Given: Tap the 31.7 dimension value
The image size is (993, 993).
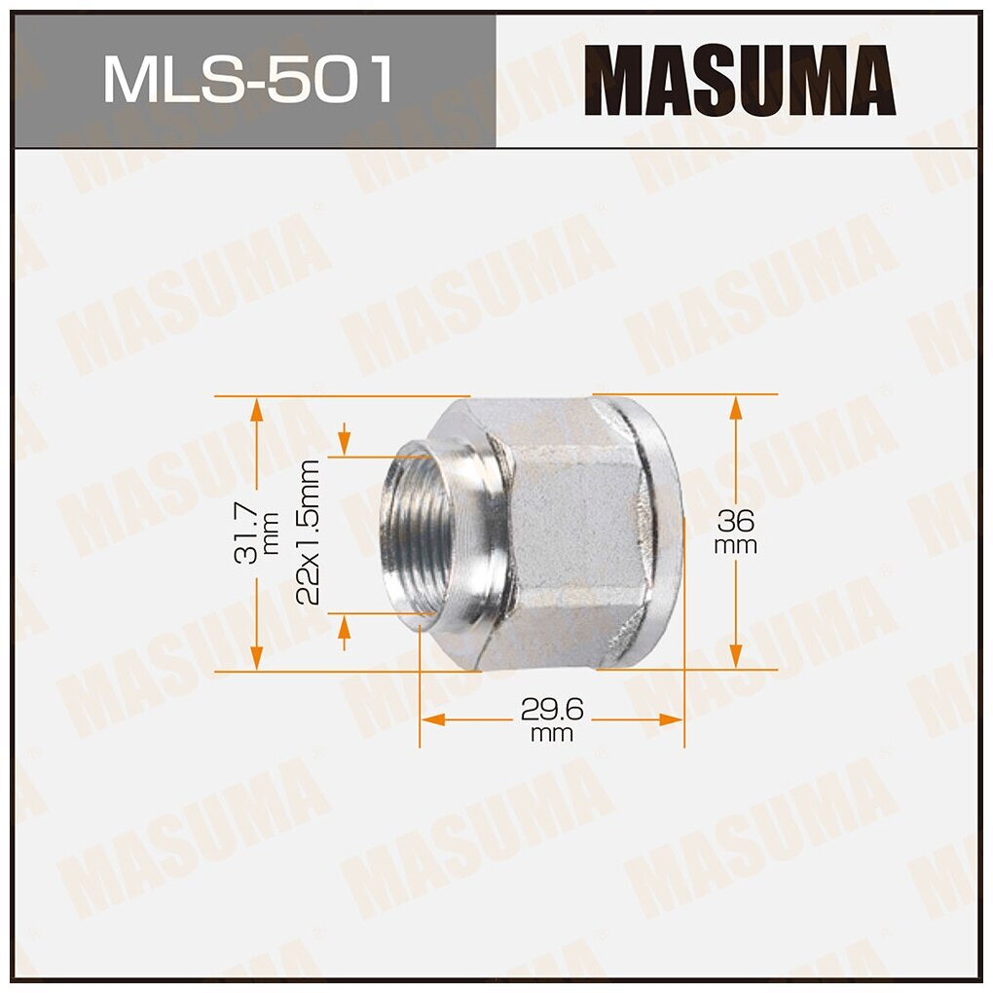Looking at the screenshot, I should [244, 533].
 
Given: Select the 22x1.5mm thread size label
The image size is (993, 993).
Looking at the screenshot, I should [309, 533].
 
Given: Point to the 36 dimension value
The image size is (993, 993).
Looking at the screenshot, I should [736, 518].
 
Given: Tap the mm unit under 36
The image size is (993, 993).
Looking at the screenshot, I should [736, 546].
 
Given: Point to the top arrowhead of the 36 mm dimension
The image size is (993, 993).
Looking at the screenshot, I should [737, 406].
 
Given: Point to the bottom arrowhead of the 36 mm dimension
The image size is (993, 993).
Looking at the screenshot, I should [737, 658].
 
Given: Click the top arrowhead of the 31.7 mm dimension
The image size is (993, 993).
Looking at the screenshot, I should [256, 408].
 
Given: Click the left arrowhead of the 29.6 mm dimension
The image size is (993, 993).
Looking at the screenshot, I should [432, 719].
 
